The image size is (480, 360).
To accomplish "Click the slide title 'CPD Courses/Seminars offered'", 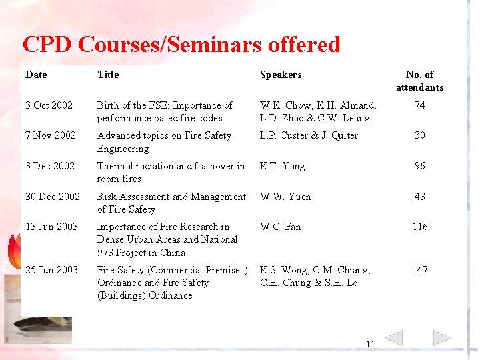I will pos(181,45).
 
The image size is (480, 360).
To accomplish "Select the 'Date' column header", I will pos(36,75).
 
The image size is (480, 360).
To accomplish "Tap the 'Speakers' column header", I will pos(281,75).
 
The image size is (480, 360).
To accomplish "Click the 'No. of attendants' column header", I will pos(419,81).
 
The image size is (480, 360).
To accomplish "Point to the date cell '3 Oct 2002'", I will pos(49,105).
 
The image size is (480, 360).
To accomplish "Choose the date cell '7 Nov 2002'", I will pos(51,135).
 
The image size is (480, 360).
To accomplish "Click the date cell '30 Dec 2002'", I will pos(53,197).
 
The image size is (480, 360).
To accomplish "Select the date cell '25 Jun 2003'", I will pos(51,270).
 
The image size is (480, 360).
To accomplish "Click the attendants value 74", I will pos(419,105).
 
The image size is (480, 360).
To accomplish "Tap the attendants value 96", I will pos(419,166).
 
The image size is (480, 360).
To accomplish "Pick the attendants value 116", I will pos(419,227).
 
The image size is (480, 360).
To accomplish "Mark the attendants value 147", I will pos(419,270).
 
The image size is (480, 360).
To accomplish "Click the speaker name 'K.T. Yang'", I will pos(282,166).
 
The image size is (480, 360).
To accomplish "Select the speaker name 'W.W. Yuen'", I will pos(285,197).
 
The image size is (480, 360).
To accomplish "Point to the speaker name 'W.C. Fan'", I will pos(280,227).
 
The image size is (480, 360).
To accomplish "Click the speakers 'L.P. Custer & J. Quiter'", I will pos(309,135).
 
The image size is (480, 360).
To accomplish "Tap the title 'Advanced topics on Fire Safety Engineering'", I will pos(164,142).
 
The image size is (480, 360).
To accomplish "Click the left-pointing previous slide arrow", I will pos(394,338).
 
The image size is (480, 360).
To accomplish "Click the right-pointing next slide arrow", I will pos(442,338).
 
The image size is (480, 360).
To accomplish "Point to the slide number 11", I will pos(371,344).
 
